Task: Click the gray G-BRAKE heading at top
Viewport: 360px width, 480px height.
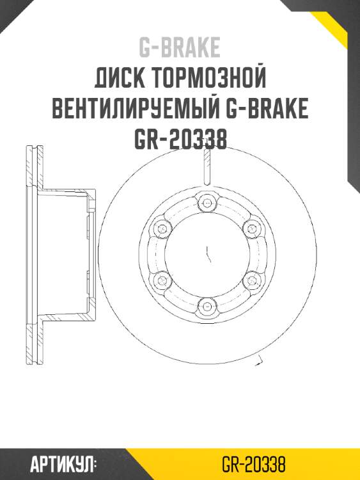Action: pyautogui.click(x=180, y=47)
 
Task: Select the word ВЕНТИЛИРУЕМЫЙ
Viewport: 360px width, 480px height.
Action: pyautogui.click(x=134, y=109)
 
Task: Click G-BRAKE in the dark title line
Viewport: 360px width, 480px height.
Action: pyautogui.click(x=267, y=109)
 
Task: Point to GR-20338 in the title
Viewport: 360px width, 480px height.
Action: pyautogui.click(x=180, y=140)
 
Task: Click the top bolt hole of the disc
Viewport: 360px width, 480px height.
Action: pyautogui.click(x=205, y=204)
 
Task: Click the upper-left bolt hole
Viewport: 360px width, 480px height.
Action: pyautogui.click(x=161, y=228)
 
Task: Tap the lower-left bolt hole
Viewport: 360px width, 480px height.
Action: pyautogui.click(x=161, y=280)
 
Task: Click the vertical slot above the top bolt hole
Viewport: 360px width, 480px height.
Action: pyautogui.click(x=205, y=168)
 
